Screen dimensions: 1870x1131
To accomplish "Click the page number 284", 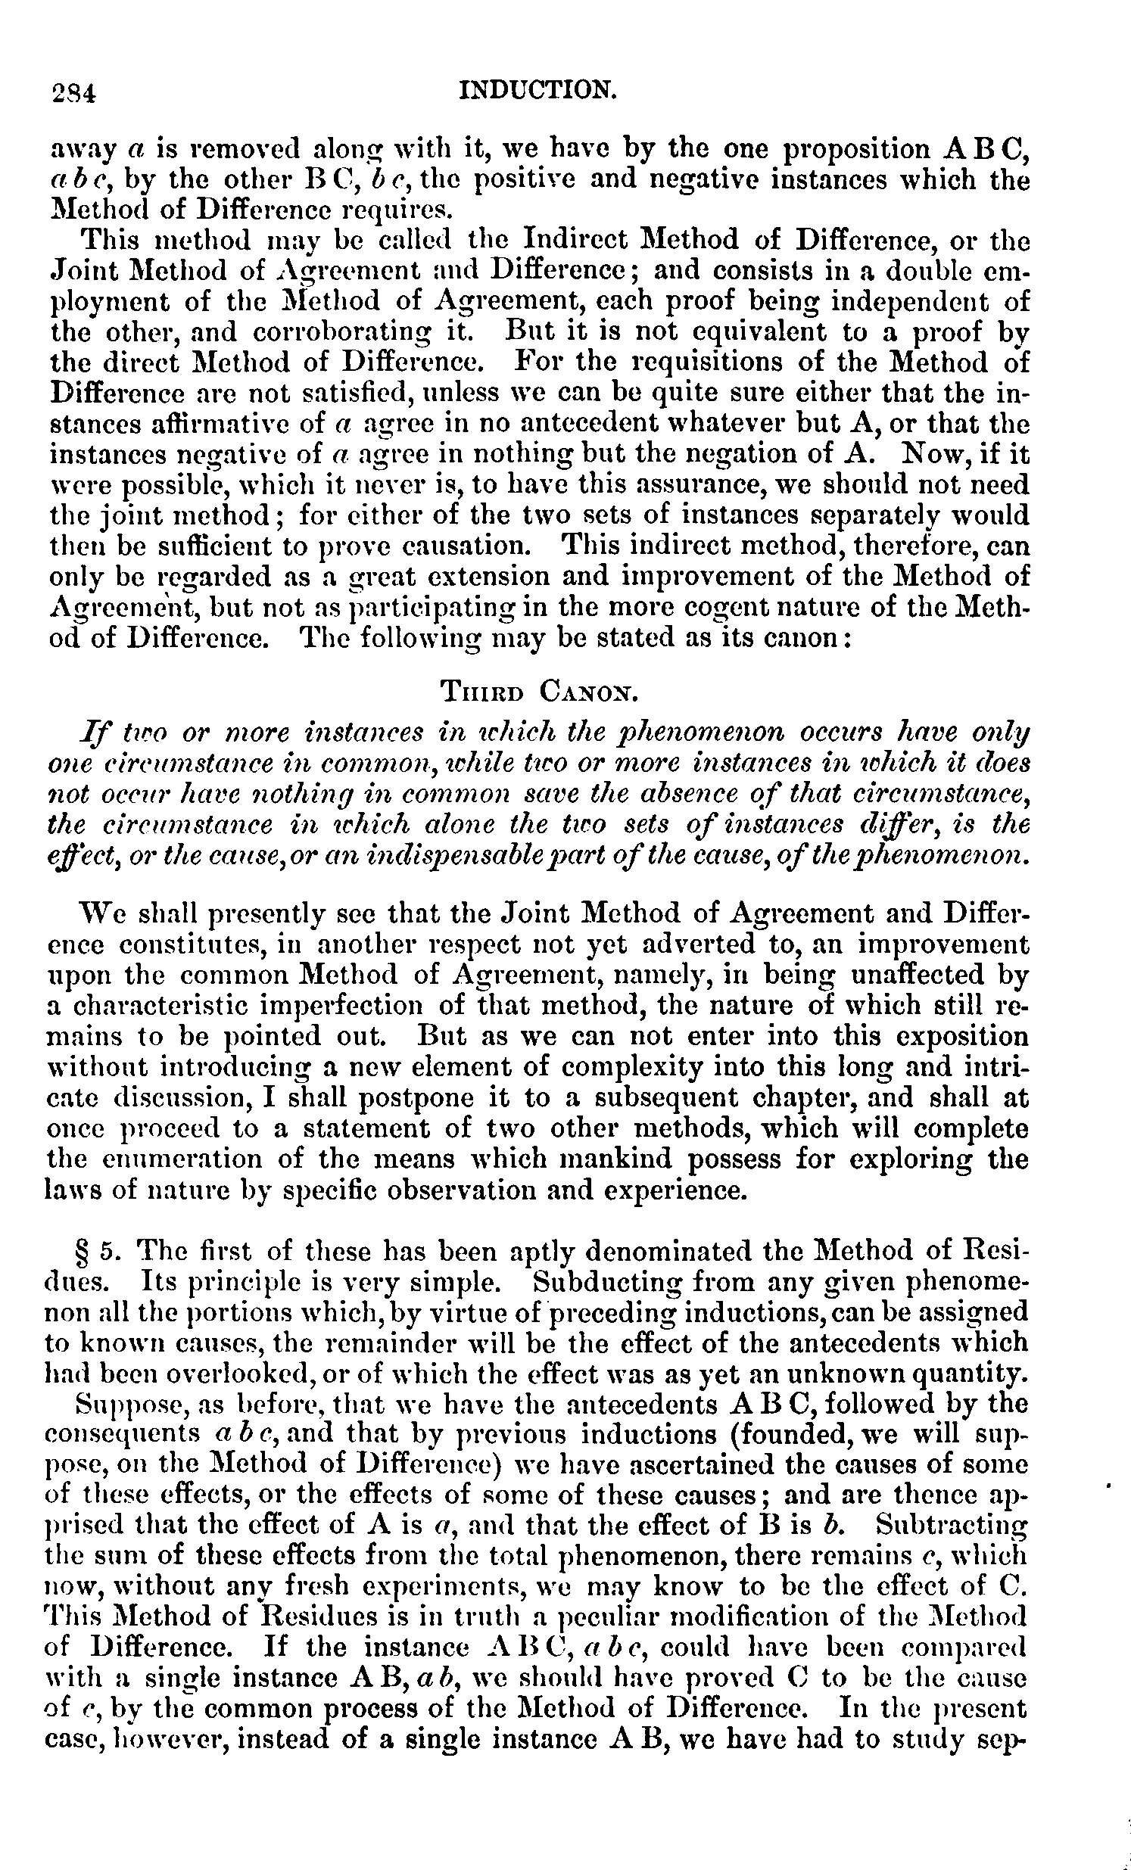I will [73, 92].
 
